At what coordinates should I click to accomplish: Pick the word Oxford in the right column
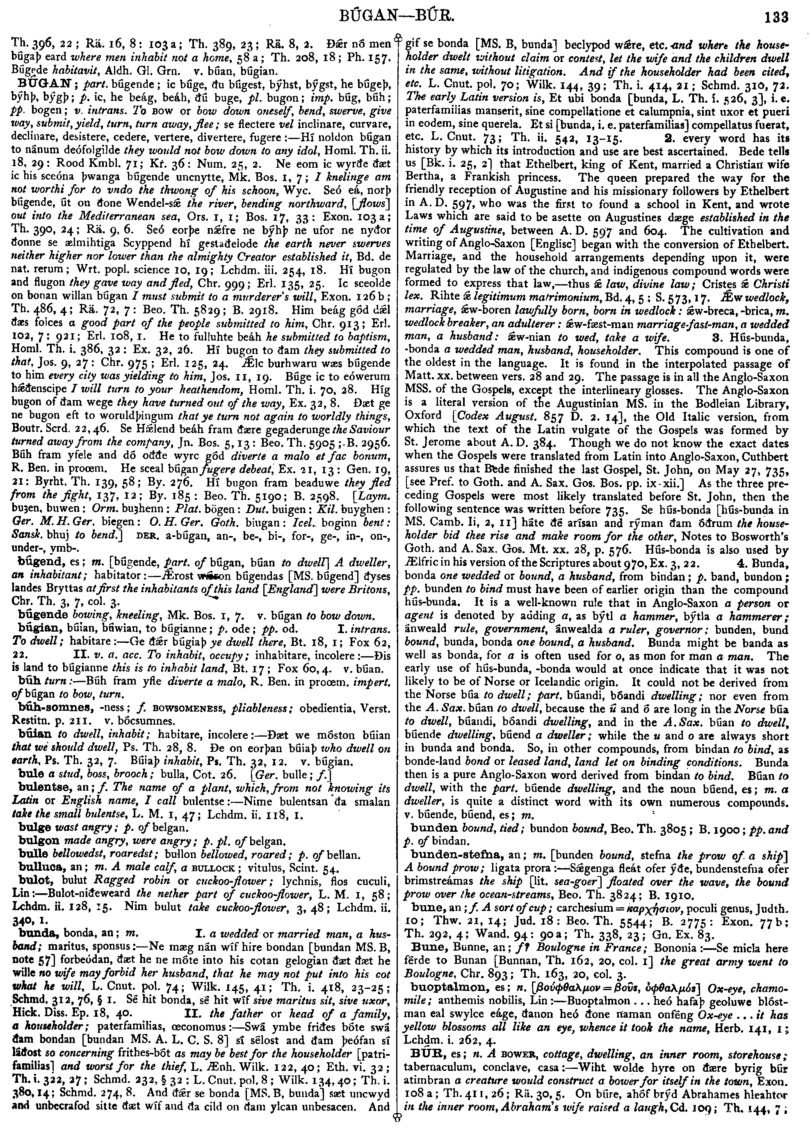(x=423, y=415)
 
